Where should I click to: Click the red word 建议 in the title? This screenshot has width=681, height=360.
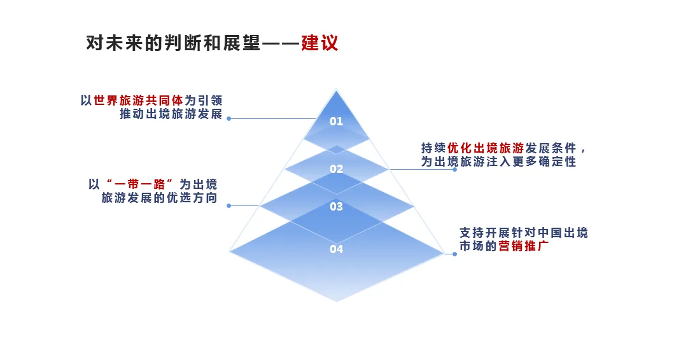click(319, 43)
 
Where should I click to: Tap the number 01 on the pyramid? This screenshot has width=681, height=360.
click(336, 121)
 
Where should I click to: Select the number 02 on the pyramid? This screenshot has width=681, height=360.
click(336, 169)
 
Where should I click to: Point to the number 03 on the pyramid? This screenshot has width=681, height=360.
click(336, 207)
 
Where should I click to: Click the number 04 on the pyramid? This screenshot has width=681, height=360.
click(336, 249)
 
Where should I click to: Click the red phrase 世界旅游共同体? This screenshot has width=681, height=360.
click(139, 100)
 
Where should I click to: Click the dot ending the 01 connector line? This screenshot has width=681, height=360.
click(228, 119)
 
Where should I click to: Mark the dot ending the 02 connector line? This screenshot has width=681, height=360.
click(454, 170)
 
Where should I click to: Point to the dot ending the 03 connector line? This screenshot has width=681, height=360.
click(228, 206)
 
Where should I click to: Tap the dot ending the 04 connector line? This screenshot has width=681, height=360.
click(454, 254)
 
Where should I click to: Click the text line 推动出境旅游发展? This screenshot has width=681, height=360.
click(171, 114)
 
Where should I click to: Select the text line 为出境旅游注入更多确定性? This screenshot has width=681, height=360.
click(498, 162)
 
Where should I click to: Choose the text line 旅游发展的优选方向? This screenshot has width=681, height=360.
click(159, 198)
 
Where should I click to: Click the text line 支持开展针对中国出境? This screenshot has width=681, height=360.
click(524, 233)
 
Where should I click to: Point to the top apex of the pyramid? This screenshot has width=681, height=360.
click(336, 91)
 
